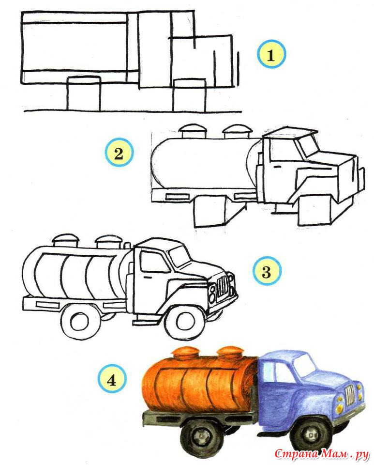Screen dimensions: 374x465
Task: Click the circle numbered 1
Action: [271, 55]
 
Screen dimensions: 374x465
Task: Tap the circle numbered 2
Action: [119, 154]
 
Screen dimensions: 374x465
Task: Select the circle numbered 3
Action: [267, 271]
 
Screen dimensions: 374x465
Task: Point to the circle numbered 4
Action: [112, 380]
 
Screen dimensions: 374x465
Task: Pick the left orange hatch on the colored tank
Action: [185, 353]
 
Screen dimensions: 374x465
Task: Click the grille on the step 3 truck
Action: [223, 286]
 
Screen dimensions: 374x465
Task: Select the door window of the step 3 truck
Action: [155, 261]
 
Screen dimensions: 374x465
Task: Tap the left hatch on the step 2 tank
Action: [192, 131]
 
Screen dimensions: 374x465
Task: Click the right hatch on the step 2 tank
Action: [237, 131]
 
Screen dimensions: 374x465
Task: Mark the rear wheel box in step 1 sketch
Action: [84, 93]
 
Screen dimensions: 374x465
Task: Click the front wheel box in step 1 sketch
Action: [189, 95]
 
